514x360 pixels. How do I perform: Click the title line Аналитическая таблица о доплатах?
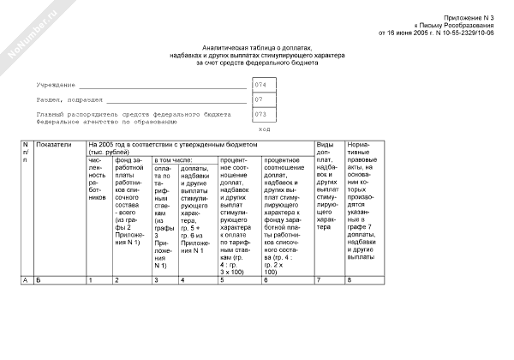257,49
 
